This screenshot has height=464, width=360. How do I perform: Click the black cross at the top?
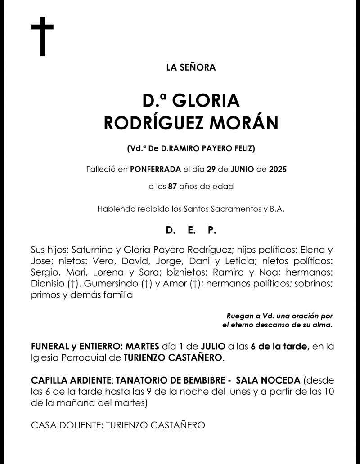[42, 36]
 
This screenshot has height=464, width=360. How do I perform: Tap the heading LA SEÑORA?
[191, 68]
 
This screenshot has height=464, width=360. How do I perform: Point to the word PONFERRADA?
[155, 170]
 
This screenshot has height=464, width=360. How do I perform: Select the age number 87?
[172, 186]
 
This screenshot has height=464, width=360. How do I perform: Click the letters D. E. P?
[191, 231]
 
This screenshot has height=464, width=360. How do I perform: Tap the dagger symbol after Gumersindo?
[146, 284]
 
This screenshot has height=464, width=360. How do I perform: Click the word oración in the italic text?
[305, 316]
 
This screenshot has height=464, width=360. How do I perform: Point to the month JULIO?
[211, 346]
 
